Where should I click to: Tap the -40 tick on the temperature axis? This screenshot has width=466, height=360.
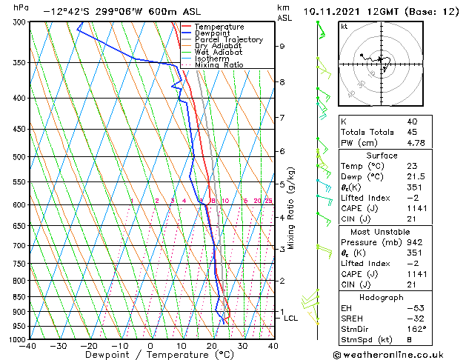28,346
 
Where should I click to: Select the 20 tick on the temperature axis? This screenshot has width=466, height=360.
212,346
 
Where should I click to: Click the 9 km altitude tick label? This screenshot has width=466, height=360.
282,46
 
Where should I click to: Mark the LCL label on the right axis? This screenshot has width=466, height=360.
291,318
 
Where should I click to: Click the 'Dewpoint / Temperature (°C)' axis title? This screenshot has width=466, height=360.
150,355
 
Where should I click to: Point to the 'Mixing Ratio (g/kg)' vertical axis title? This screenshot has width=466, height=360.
291,208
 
